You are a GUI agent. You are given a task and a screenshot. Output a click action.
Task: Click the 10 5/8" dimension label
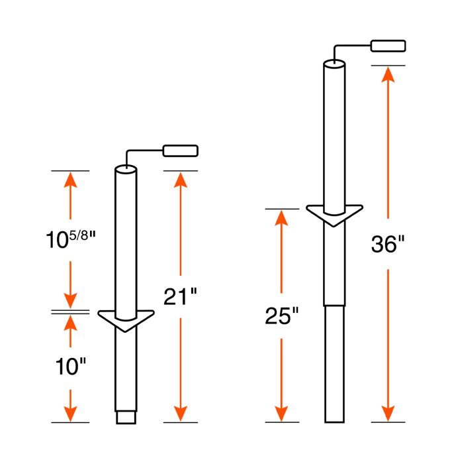71,240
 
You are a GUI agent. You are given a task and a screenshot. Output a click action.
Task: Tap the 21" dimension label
180,296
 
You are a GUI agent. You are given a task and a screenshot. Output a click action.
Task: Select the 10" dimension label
70,367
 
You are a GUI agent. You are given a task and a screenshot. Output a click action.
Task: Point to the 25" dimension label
282,316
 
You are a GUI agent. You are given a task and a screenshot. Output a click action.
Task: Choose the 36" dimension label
388,244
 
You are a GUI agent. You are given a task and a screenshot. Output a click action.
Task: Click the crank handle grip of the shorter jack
181,150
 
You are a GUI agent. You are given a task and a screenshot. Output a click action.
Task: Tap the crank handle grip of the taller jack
388,46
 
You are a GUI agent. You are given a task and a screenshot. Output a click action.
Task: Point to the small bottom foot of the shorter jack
126,417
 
